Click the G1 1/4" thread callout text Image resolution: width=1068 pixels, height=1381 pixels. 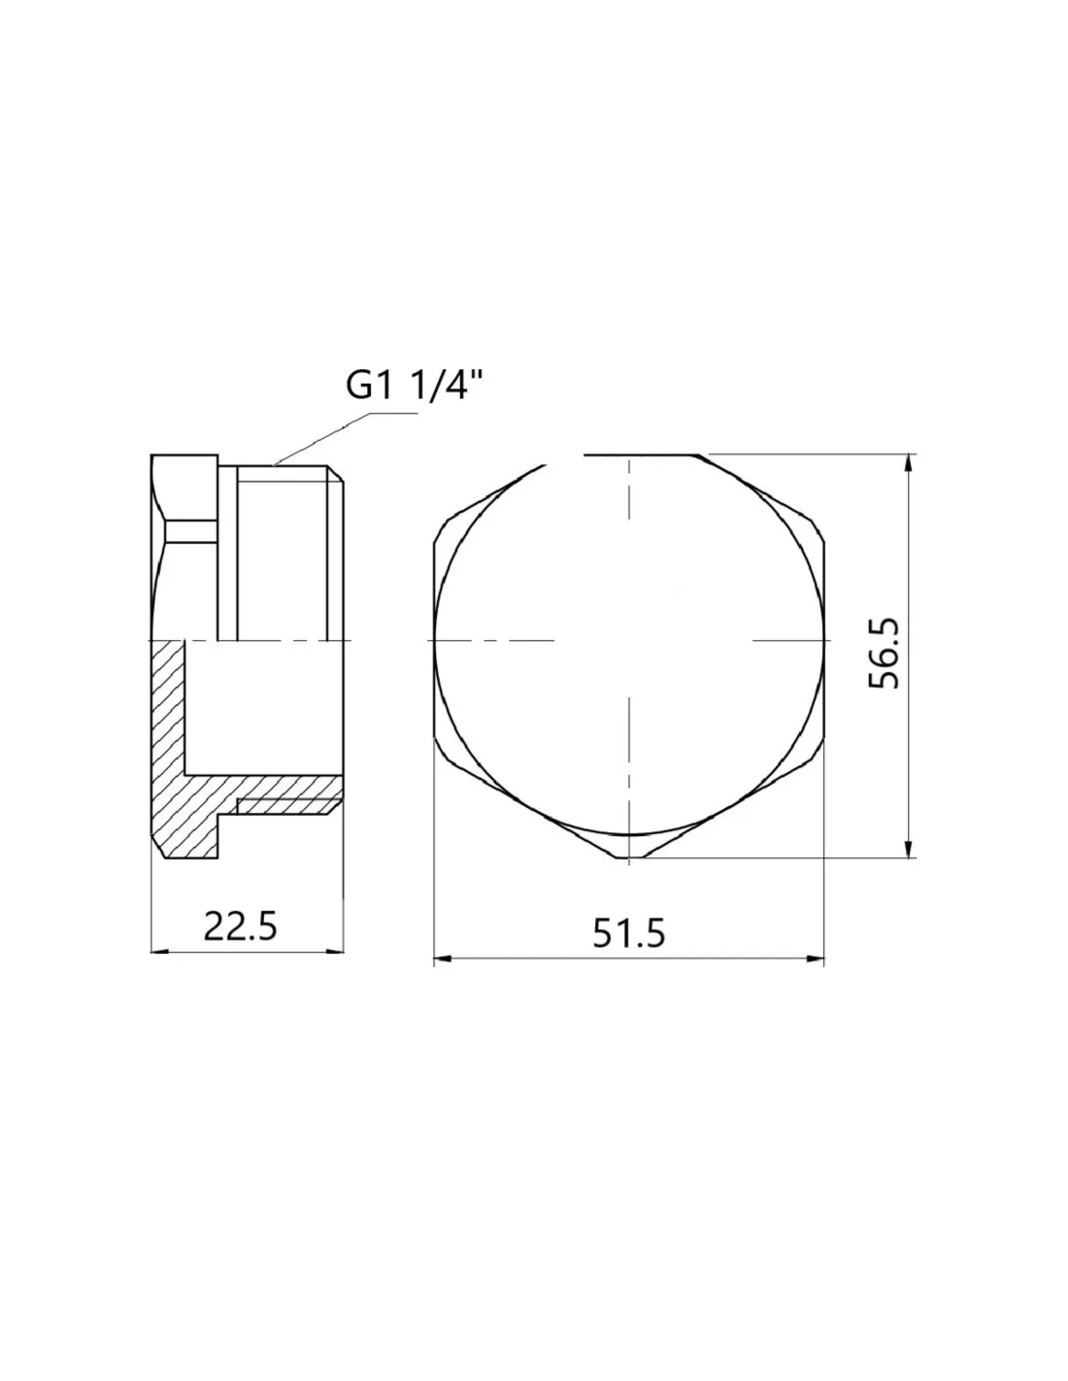point(415,385)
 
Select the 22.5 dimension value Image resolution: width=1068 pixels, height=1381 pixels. point(240,926)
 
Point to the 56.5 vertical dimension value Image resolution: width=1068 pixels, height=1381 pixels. point(884,653)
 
